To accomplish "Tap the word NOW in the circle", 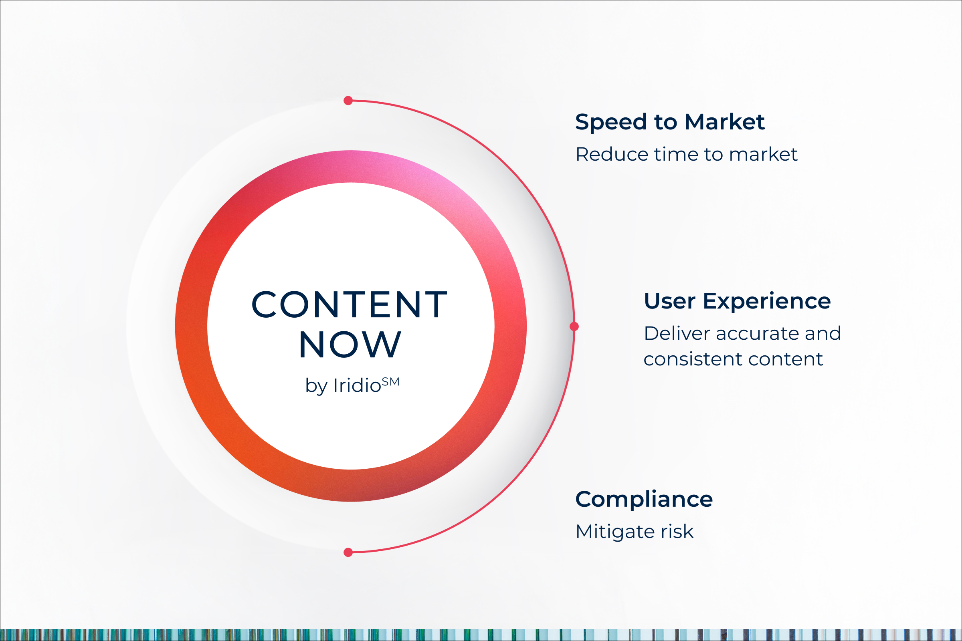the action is (350, 345).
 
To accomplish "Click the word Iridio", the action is (357, 385).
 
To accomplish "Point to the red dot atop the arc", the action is (348, 101).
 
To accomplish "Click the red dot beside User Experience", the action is (574, 326).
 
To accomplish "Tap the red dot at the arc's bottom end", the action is (348, 553).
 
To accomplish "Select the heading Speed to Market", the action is (670, 122).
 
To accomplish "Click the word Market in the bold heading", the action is (725, 122).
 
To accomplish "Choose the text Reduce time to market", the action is (686, 154).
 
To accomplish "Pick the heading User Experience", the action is (738, 301).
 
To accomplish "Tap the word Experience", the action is (767, 301).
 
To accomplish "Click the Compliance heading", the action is (644, 500).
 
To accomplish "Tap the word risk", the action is (677, 532).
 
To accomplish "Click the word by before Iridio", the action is (316, 386).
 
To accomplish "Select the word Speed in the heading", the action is (611, 123).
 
